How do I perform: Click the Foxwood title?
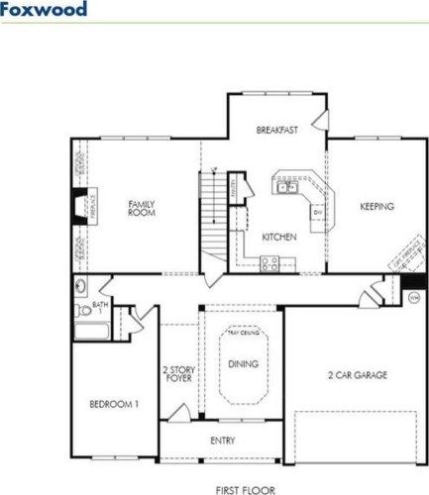click(x=44, y=11)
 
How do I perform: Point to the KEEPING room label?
click(x=376, y=207)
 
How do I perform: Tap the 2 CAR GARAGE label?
click(x=357, y=375)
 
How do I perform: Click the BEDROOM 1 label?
click(x=113, y=404)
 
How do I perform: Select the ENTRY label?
click(x=222, y=441)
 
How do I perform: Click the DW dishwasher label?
click(x=317, y=213)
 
